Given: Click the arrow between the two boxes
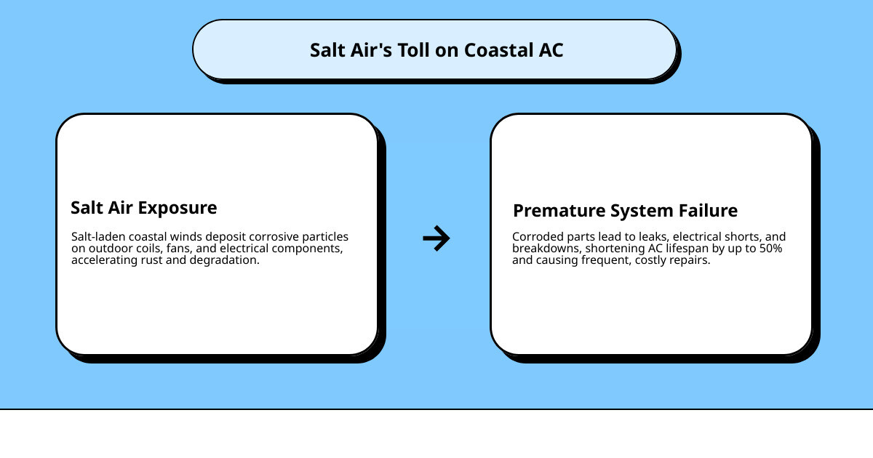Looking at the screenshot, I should [436, 238].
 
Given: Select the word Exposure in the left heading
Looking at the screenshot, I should [178, 208].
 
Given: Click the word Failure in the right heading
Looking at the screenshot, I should [708, 211].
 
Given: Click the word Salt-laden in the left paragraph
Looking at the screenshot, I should [97, 237].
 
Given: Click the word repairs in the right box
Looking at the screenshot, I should [689, 260].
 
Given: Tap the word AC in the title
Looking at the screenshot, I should [551, 50].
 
